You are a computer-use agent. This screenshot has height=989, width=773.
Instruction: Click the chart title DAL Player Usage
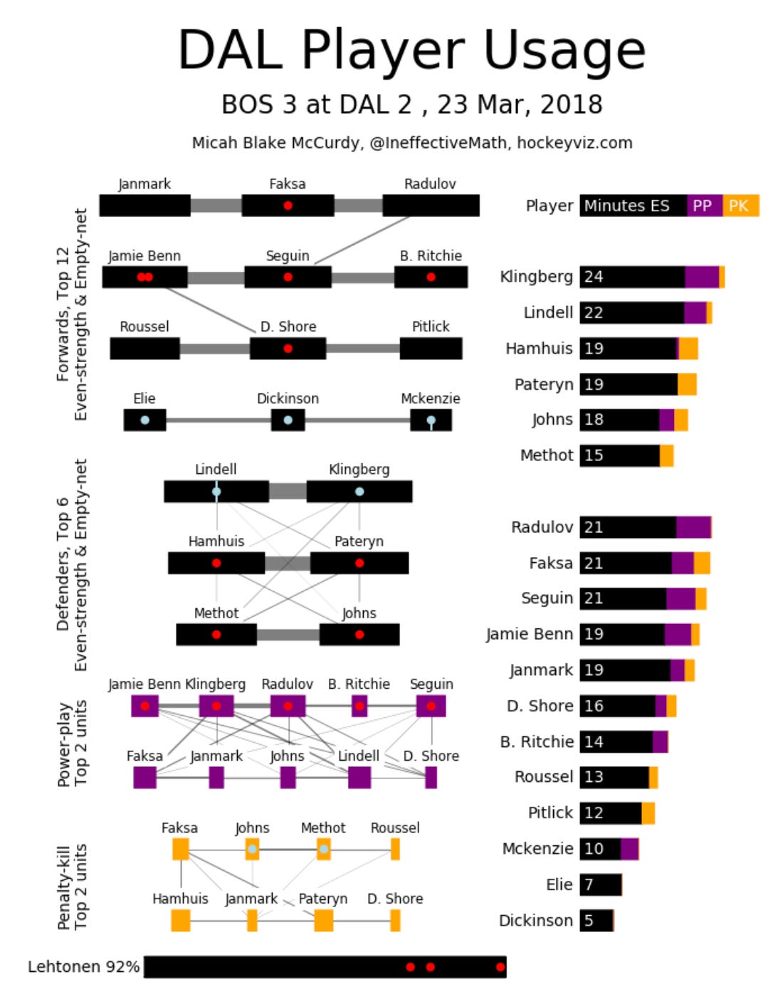[411, 51]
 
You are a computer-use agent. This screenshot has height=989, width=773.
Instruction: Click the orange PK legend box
[741, 206]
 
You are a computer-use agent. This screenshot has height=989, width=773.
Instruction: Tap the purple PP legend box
[704, 206]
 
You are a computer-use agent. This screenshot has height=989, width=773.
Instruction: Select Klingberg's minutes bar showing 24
[632, 277]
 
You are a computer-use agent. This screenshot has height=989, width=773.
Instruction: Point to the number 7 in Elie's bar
[589, 884]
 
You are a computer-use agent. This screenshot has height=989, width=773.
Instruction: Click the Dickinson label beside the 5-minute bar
[535, 921]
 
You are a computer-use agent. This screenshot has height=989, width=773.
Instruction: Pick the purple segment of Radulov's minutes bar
[693, 527]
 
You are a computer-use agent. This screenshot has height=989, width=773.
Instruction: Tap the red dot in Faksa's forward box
[288, 206]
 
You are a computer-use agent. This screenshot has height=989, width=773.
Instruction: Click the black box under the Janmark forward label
[144, 206]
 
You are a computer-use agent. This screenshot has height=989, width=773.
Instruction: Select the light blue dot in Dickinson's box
[288, 421]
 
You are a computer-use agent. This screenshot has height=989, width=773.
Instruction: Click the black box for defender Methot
[216, 635]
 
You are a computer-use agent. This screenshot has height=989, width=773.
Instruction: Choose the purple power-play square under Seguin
[431, 707]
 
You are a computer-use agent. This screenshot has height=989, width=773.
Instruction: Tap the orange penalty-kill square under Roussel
[395, 849]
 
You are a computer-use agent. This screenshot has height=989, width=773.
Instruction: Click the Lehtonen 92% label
[83, 967]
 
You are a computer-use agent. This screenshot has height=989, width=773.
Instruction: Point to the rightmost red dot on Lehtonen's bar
[500, 967]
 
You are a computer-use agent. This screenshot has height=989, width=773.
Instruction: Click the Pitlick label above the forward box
[431, 327]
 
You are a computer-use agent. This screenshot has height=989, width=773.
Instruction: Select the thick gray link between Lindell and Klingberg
[288, 492]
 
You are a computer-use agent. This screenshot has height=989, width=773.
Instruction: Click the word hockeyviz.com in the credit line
[574, 143]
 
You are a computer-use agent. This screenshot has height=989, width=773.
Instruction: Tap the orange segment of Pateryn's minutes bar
[687, 384]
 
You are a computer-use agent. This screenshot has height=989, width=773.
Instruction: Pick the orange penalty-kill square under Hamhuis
[181, 921]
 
